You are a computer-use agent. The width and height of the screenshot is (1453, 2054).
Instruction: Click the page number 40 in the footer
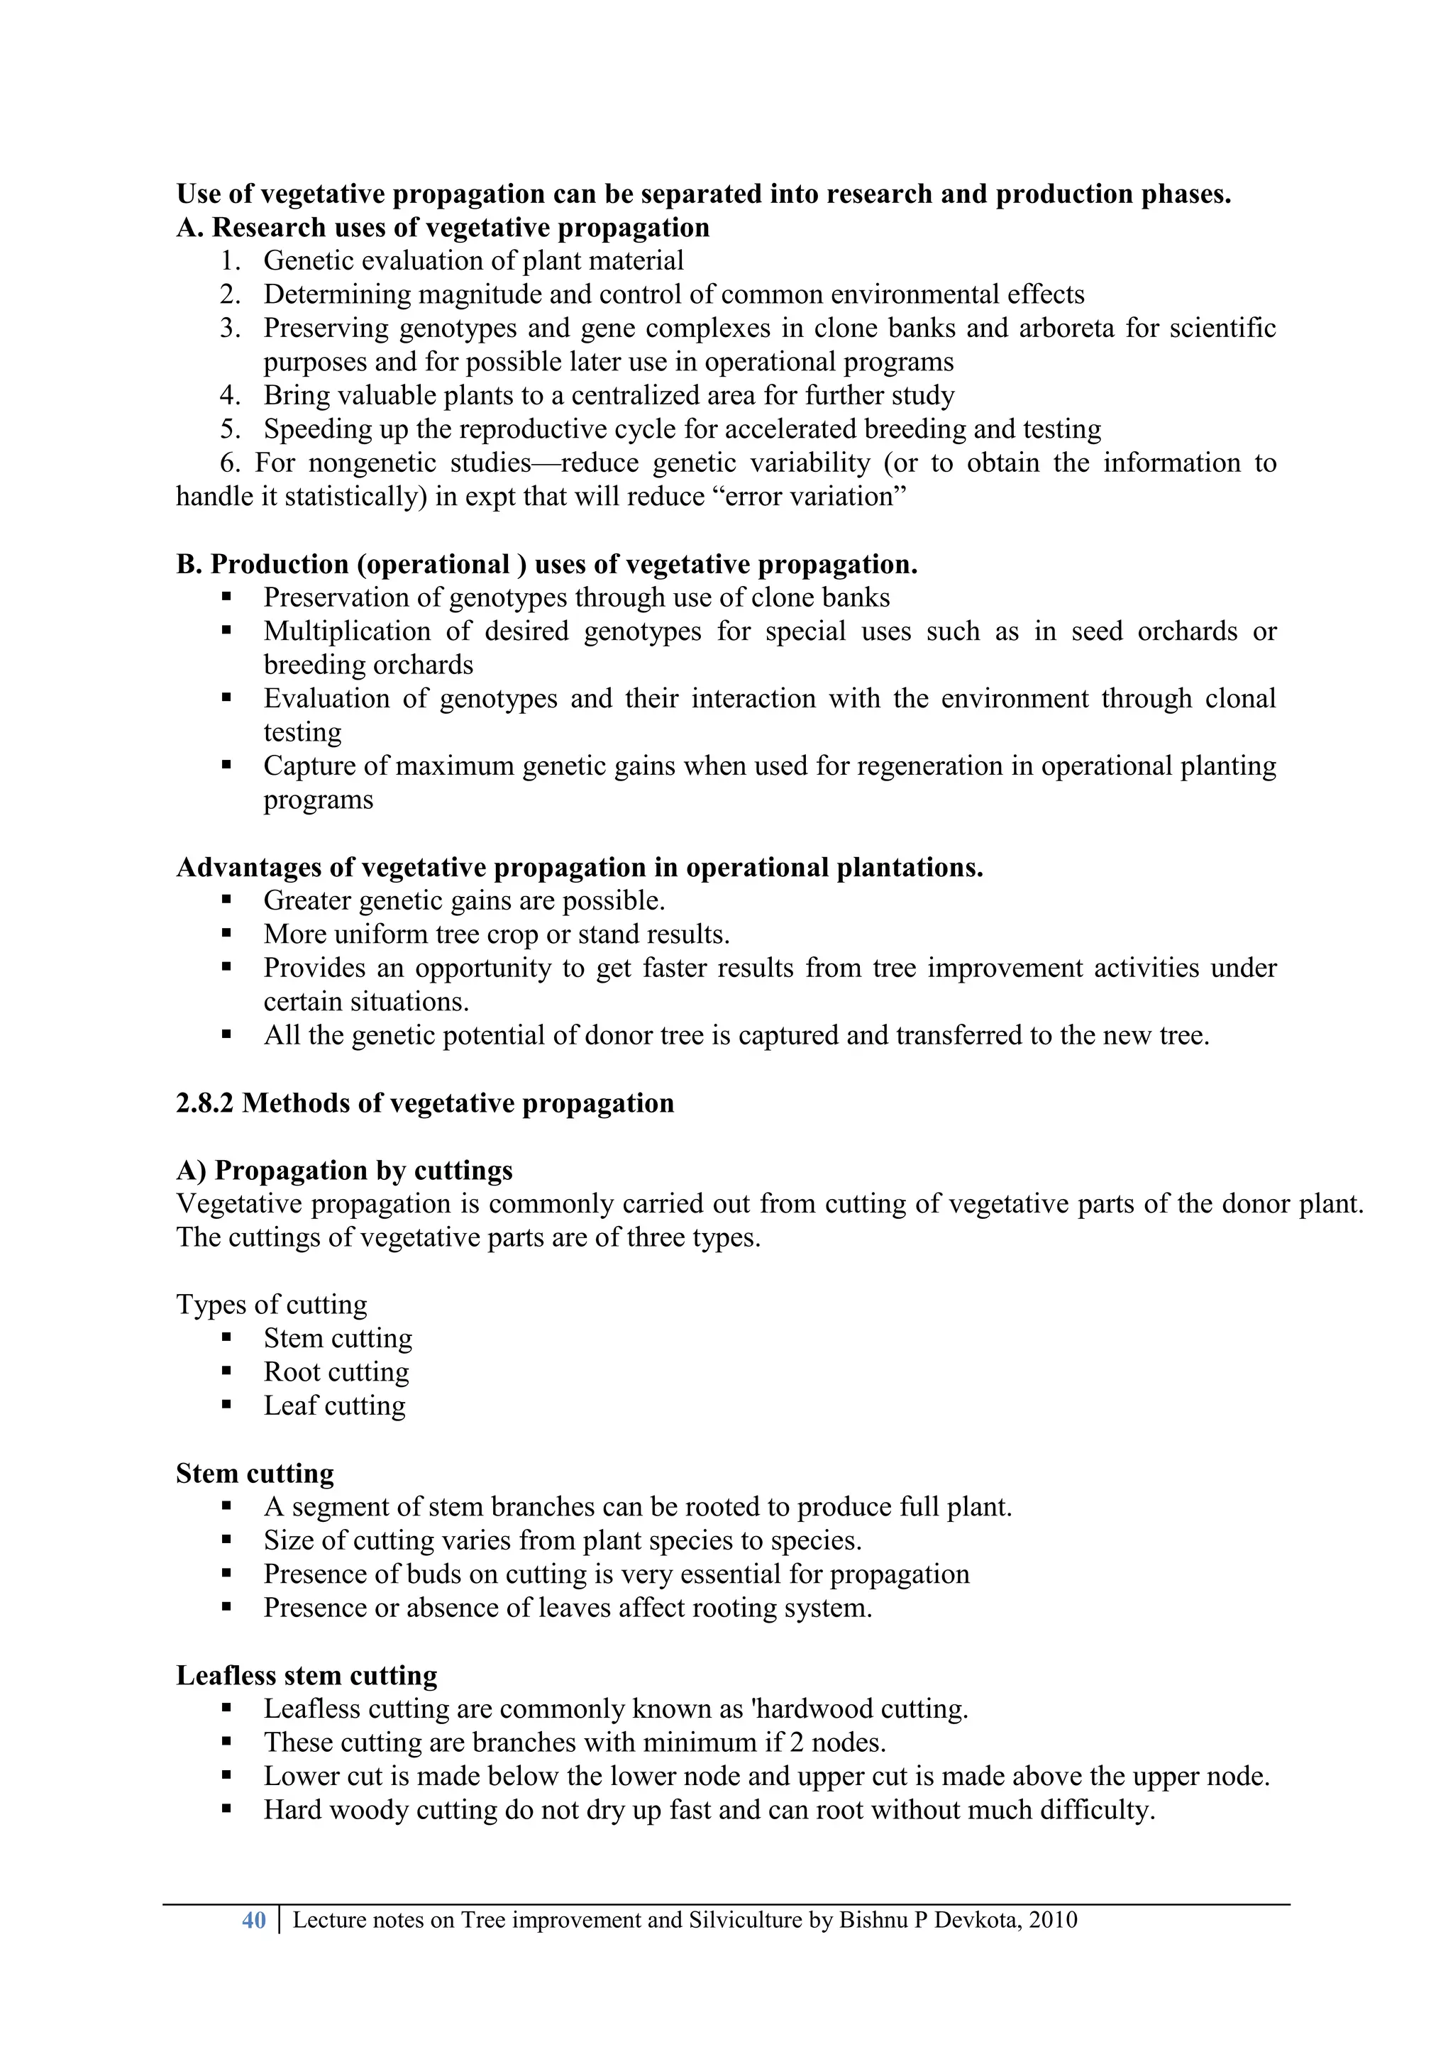point(254,1920)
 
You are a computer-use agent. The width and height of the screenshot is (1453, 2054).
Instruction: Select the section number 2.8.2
point(204,1103)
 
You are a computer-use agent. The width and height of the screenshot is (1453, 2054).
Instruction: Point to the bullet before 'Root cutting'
point(226,1371)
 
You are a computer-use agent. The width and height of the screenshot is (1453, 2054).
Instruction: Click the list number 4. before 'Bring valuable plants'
point(230,395)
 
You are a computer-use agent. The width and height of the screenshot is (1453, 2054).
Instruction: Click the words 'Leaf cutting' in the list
point(335,1406)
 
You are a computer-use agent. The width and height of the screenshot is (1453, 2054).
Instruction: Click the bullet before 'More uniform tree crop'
point(226,934)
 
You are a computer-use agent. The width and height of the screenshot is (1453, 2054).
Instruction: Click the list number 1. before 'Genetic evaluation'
point(230,261)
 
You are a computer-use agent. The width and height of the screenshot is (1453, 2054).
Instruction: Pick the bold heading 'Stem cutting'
point(254,1472)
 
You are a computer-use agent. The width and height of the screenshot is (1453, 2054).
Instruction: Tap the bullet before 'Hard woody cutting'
point(226,1810)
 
